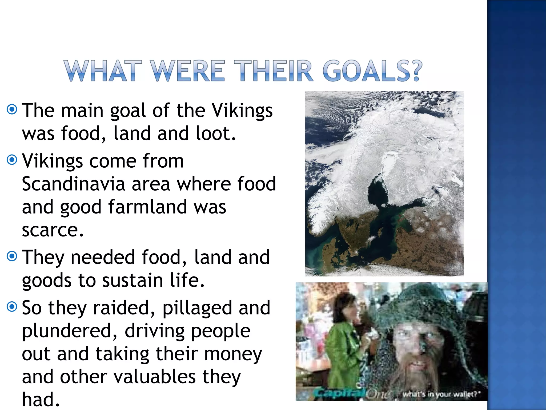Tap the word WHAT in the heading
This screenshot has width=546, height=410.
click(x=103, y=71)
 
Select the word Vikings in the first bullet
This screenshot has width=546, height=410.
click(x=242, y=111)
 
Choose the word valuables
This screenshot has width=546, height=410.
click(x=155, y=377)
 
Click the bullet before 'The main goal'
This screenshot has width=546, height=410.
click(x=12, y=109)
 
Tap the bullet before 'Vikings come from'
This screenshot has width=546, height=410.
click(x=12, y=160)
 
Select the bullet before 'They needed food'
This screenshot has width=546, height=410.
click(x=12, y=256)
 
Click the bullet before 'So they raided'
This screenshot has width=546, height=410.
click(x=12, y=307)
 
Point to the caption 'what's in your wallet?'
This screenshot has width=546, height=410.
click(x=441, y=394)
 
